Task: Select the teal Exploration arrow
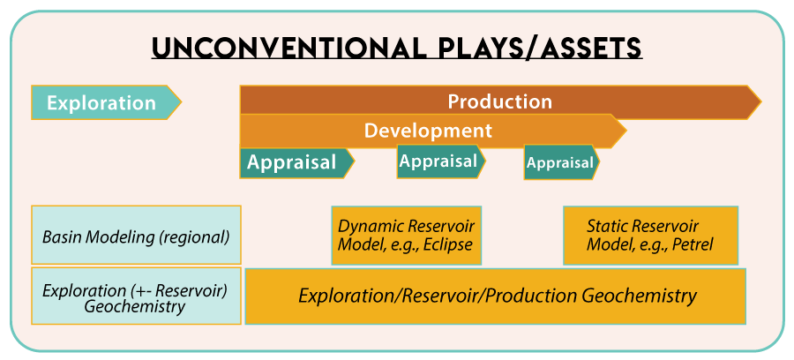(x=101, y=102)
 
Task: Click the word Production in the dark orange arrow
(x=499, y=101)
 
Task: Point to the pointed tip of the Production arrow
(x=759, y=101)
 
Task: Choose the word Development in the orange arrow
(x=428, y=131)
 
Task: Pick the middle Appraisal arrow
(x=438, y=161)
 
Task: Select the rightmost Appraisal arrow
(x=560, y=162)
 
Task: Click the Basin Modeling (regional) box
(x=136, y=236)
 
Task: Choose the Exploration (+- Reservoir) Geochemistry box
(x=136, y=298)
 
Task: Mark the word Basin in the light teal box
(x=61, y=236)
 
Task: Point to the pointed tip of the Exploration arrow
(x=180, y=102)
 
